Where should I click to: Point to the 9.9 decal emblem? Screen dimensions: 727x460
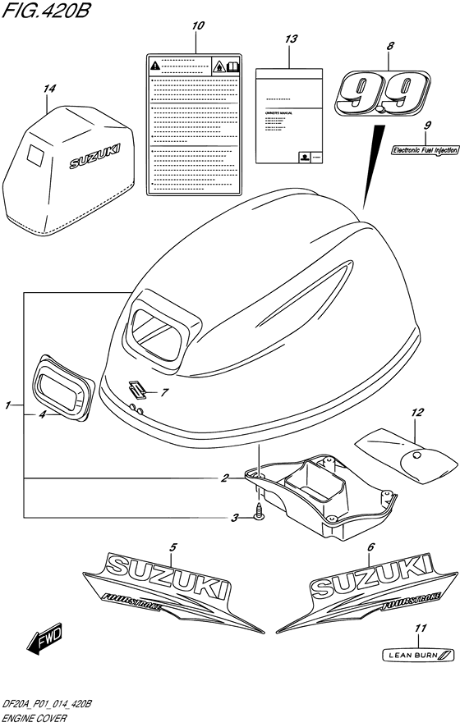click(380, 92)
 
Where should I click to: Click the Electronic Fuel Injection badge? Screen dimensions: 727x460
click(424, 149)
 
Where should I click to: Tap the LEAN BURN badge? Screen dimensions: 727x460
click(420, 654)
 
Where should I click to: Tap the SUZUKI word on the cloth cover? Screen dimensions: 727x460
click(96, 155)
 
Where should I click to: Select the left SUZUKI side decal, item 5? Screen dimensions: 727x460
click(163, 584)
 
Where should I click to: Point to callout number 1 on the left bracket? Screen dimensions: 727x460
click(7, 405)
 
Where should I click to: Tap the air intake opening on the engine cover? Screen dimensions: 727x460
click(161, 331)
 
